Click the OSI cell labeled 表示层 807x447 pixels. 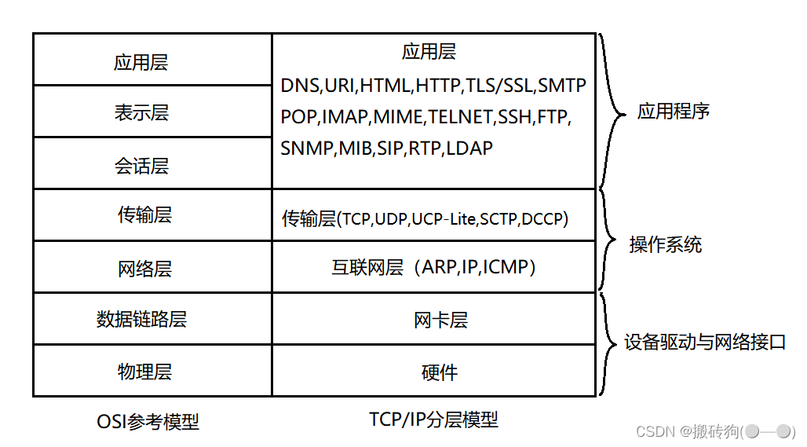coord(141,113)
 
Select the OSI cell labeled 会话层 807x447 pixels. coord(141,166)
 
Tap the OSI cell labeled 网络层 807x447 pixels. coord(144,269)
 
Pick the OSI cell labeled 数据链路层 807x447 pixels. coord(141,319)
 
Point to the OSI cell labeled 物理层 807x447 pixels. coord(144,371)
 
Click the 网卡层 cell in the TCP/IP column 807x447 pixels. coord(440,320)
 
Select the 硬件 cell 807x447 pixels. coord(440,372)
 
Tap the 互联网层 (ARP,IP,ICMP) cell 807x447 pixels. coord(434,267)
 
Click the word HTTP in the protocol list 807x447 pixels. coord(440,86)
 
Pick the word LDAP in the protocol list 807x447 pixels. coord(469,148)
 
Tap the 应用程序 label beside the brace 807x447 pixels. coord(673,111)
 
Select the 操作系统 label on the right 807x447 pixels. coord(665,244)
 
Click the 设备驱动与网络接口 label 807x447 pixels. coord(704,343)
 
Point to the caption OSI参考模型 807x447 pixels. coord(148,421)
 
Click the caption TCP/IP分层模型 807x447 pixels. coord(433,419)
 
